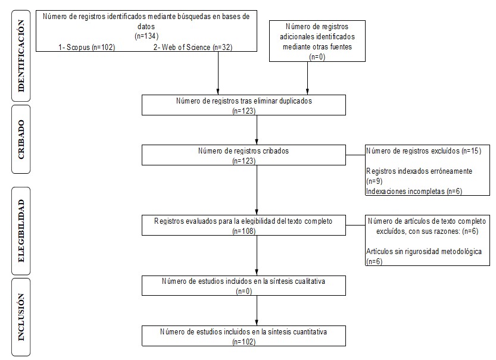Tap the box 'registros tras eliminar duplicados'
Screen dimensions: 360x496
pos(244,104)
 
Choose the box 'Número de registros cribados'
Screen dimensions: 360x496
pos(244,155)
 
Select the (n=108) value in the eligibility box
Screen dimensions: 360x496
pos(244,230)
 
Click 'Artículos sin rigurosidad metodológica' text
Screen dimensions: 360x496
pos(423,252)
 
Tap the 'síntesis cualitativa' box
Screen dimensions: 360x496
pos(244,284)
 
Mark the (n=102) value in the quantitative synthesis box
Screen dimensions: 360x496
pos(244,341)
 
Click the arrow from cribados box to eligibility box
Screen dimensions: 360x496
pos(257,190)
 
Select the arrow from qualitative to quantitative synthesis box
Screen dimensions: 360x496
pos(257,309)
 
